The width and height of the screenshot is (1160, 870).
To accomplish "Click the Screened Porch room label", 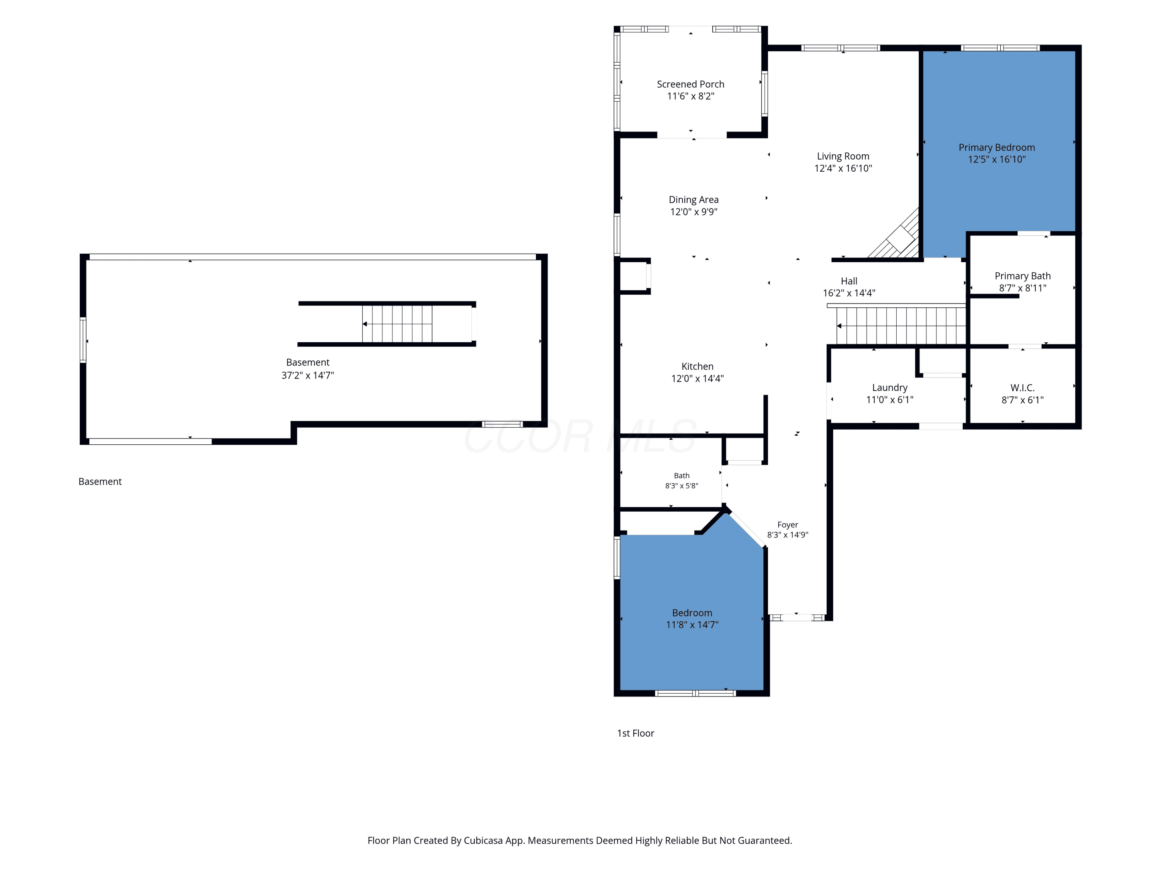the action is click(x=690, y=84).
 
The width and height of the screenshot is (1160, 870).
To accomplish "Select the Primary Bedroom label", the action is click(x=996, y=148).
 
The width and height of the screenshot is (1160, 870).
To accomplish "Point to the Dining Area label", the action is click(x=693, y=200).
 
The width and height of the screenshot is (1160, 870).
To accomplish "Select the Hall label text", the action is click(x=849, y=281).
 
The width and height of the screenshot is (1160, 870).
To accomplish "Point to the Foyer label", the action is click(x=788, y=525).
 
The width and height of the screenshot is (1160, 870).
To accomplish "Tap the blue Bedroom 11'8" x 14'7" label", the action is click(x=692, y=619).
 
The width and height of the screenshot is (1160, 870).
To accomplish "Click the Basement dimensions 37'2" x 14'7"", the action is click(x=308, y=375).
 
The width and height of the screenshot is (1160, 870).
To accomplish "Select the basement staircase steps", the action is click(x=397, y=324).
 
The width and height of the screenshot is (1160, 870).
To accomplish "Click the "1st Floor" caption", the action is click(x=636, y=734).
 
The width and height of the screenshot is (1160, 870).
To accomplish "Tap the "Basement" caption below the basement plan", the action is click(x=100, y=482).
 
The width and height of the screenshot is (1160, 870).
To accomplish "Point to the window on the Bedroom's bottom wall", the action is click(x=695, y=693).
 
